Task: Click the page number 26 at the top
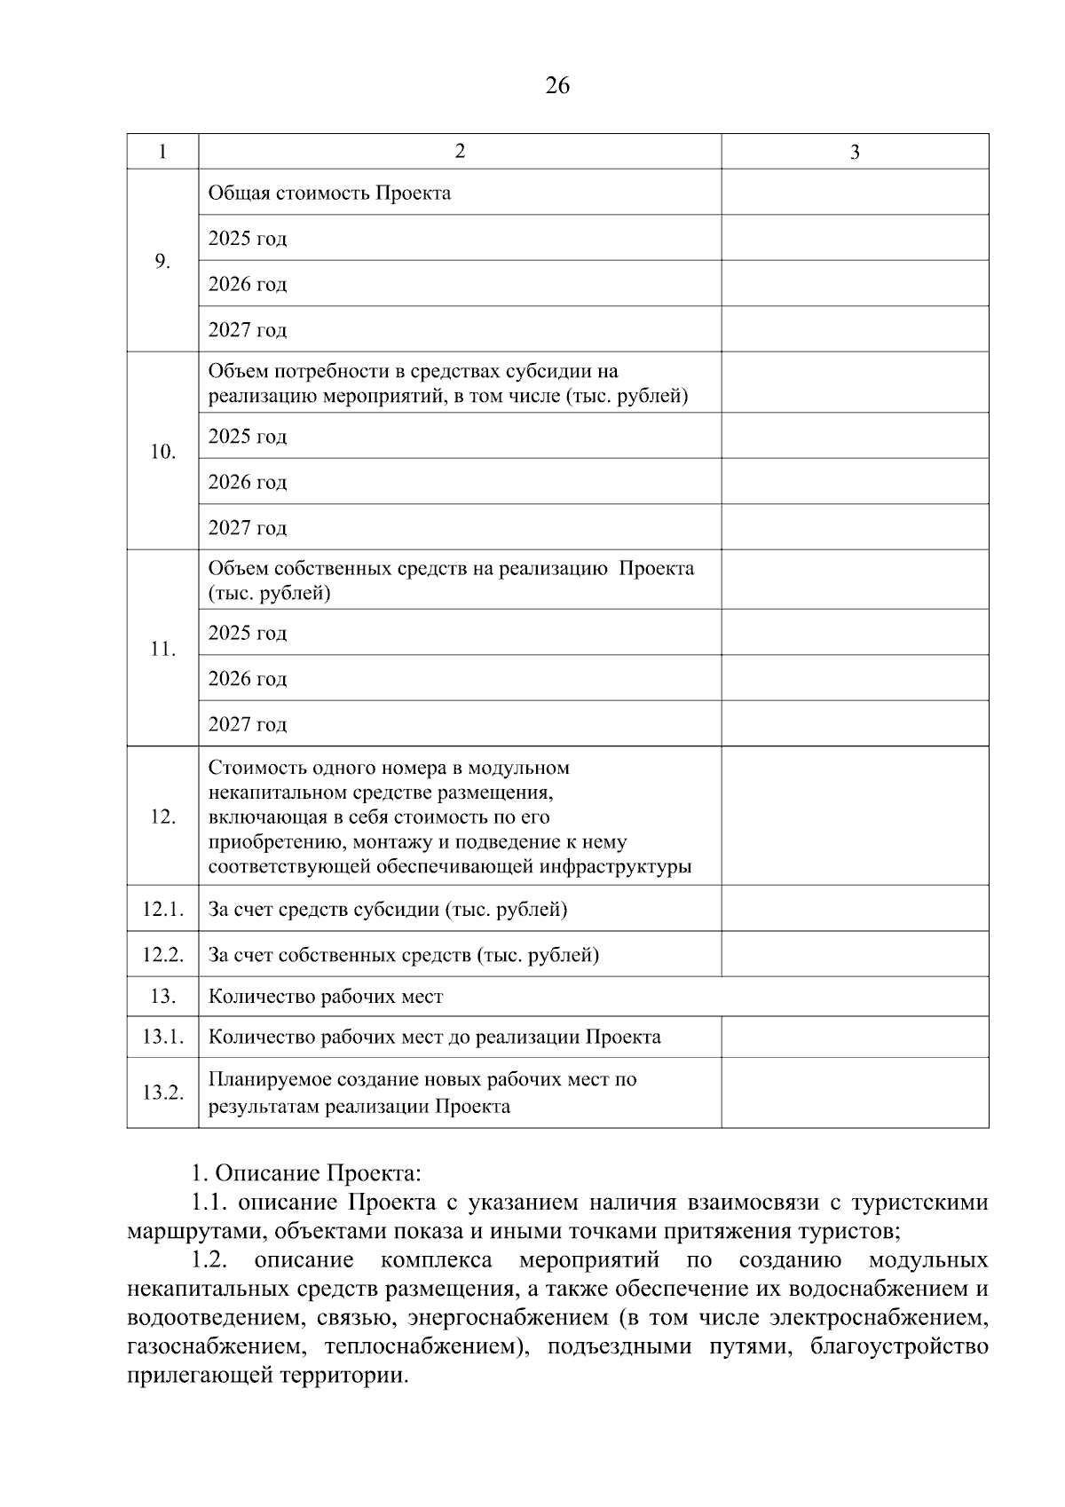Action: click(x=557, y=86)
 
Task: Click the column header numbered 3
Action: click(x=854, y=152)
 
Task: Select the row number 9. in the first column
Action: click(x=162, y=261)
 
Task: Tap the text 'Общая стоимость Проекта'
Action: click(x=329, y=193)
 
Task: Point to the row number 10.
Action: click(x=162, y=452)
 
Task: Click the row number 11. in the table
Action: click(x=162, y=649)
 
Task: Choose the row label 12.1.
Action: click(x=162, y=909)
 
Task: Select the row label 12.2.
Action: click(x=162, y=955)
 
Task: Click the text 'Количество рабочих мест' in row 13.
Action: click(x=325, y=997)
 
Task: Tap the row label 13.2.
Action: click(x=162, y=1093)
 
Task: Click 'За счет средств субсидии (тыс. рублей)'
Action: click(x=388, y=909)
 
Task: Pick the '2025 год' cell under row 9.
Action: click(x=248, y=239)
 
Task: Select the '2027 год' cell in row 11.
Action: click(x=248, y=724)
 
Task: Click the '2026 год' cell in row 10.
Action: click(x=248, y=482)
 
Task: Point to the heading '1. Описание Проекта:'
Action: click(x=306, y=1173)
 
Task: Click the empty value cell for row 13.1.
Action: click(x=854, y=1037)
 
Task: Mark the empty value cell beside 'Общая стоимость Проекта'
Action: click(x=854, y=193)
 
